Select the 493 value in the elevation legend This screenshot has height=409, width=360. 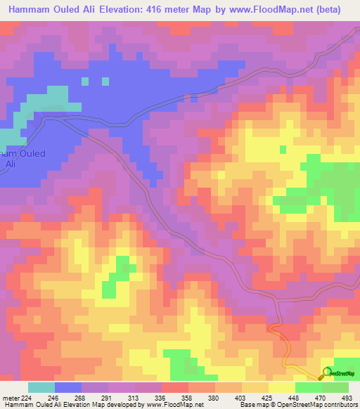(x=347, y=397)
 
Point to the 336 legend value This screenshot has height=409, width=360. (x=159, y=397)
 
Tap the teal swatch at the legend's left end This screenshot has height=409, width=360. (x=41, y=387)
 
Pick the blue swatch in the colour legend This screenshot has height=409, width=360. (x=68, y=387)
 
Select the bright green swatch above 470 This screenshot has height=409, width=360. (x=308, y=387)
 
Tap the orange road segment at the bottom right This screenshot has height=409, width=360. (x=295, y=362)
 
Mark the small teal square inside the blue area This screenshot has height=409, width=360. (x=85, y=81)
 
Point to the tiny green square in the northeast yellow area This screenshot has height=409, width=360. (x=283, y=149)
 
